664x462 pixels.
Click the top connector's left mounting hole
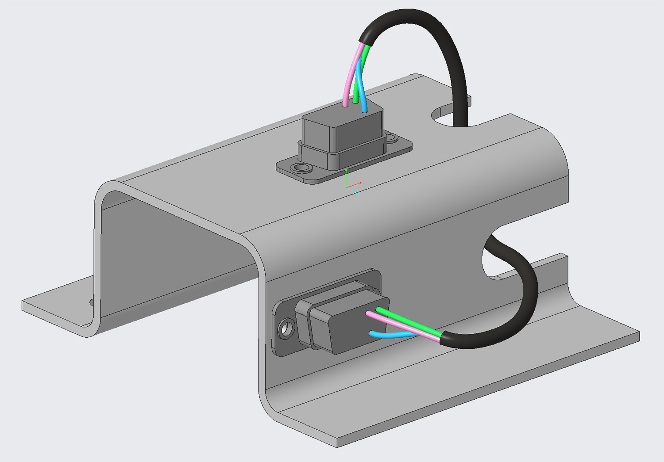(x=302, y=168)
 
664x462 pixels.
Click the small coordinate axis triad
(x=352, y=183)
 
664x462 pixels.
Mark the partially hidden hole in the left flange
(x=92, y=302)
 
